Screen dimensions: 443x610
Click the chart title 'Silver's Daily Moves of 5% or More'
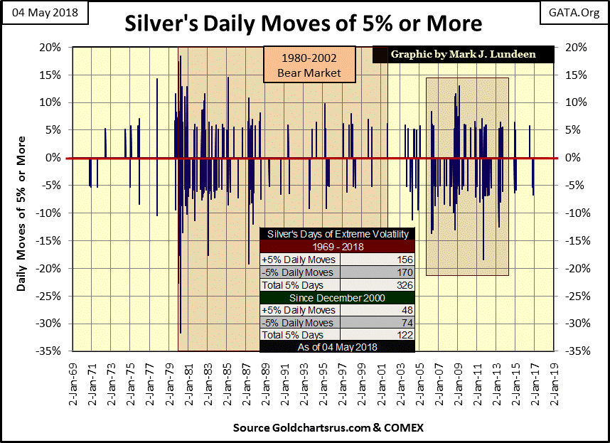pos(304,23)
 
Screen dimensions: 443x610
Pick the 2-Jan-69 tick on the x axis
pos(70,380)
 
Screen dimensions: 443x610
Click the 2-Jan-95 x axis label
pos(322,380)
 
